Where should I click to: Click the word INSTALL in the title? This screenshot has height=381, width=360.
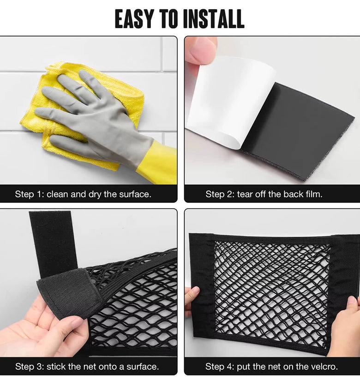pyautogui.click(x=214, y=19)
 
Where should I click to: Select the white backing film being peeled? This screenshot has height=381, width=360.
pyautogui.click(x=231, y=102)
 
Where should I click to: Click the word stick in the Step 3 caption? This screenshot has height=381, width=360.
pyautogui.click(x=54, y=366)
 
